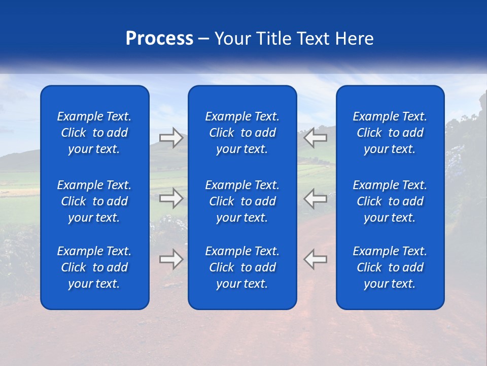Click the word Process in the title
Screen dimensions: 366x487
click(159, 39)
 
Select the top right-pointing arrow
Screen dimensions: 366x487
click(171, 137)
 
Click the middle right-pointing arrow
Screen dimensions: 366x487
click(171, 198)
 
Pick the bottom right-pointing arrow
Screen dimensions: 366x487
click(171, 259)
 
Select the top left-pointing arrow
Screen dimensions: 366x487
click(315, 137)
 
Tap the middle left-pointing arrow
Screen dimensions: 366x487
click(315, 198)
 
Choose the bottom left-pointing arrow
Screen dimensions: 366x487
click(315, 259)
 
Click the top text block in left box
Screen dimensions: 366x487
click(94, 133)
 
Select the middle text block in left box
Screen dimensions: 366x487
click(94, 201)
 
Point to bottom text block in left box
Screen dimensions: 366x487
click(94, 267)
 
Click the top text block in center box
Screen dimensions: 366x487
click(242, 133)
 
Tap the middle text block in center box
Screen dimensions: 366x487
click(242, 201)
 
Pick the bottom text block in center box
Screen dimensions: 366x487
click(242, 267)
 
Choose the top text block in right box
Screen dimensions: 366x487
click(390, 133)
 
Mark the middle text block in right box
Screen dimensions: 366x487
click(390, 201)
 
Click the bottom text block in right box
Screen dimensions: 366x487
click(390, 267)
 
